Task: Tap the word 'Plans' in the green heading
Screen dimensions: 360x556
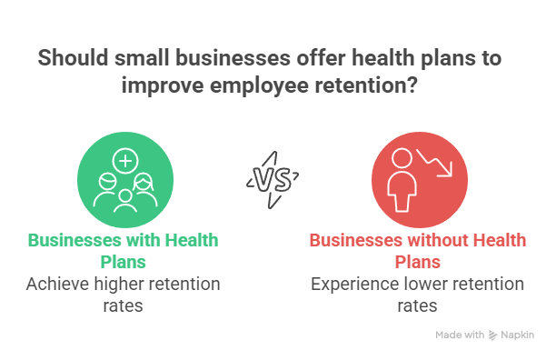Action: [124, 263]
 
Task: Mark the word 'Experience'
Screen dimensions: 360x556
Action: [350, 285]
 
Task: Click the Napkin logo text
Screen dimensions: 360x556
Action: [519, 335]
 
